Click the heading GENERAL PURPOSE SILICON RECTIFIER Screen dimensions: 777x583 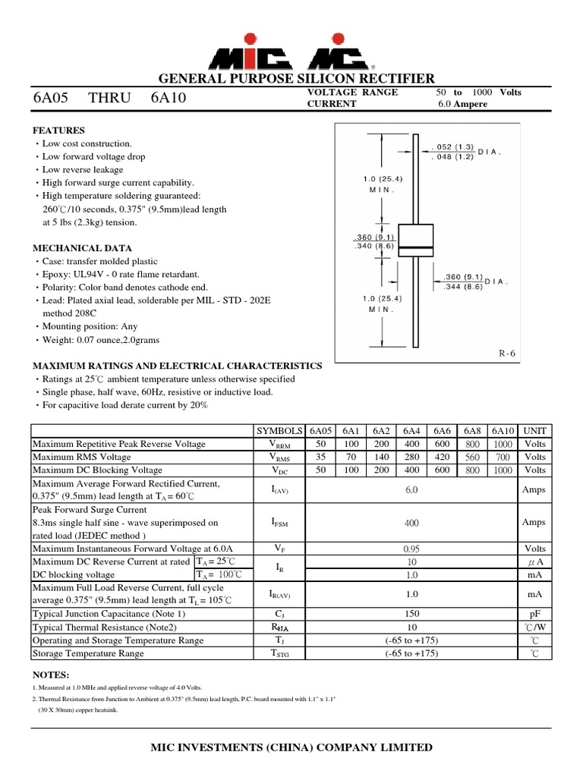pyautogui.click(x=296, y=79)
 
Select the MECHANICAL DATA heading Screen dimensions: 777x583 pyautogui.click(x=82, y=248)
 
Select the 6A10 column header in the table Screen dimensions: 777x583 pyautogui.click(x=503, y=430)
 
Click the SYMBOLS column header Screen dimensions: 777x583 pyautogui.click(x=279, y=430)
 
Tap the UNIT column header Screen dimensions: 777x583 pyautogui.click(x=534, y=430)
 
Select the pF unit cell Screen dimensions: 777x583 pyautogui.click(x=534, y=614)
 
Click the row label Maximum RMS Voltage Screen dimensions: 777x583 pyautogui.click(x=81, y=457)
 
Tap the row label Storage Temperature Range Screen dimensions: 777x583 pyautogui.click(x=87, y=653)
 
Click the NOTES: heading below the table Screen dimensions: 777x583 pyautogui.click(x=51, y=675)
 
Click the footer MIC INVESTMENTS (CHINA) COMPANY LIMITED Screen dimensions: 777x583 pyautogui.click(x=292, y=748)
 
